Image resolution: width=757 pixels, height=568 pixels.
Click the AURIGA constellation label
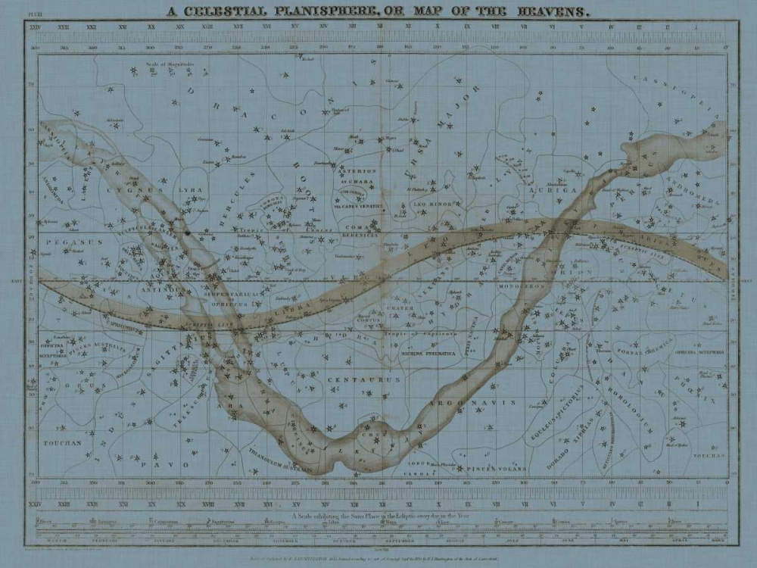click(x=561, y=189)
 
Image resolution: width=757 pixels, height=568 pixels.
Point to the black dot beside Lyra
click(x=186, y=233)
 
